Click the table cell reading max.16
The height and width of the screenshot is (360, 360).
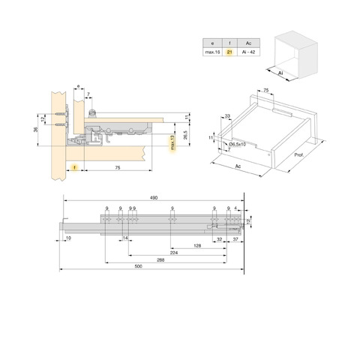click(x=212, y=52)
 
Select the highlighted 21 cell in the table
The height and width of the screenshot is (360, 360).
click(x=229, y=52)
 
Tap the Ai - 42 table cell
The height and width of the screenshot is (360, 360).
click(x=248, y=52)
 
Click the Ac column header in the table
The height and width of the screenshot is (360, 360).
click(x=248, y=43)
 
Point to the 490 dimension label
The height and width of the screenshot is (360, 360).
click(x=154, y=198)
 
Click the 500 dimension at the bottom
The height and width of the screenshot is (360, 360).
click(x=138, y=266)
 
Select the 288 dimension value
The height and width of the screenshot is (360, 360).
click(x=160, y=260)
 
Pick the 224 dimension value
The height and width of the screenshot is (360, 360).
click(x=174, y=253)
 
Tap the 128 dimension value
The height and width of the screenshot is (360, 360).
click(x=197, y=246)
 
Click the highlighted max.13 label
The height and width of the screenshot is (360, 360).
click(x=172, y=142)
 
